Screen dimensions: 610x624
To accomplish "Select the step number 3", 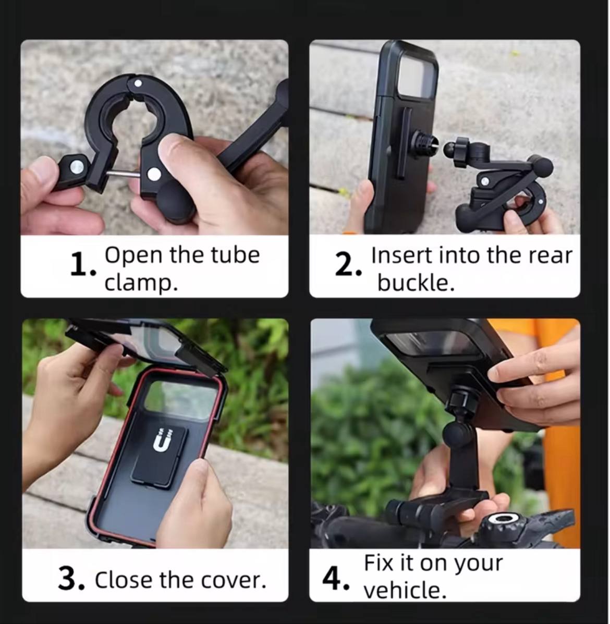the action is pos(71,579).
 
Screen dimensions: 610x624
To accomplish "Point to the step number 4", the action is pos(336,579).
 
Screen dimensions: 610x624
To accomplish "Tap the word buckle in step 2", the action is pos(416,283).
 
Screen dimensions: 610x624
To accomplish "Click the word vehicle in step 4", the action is pos(405,590).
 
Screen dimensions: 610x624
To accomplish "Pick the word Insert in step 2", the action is pos(401,255).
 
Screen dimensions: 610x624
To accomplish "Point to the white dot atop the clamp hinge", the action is pos(138,83).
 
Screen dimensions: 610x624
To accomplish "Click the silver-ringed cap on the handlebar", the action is pos(503,519).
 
